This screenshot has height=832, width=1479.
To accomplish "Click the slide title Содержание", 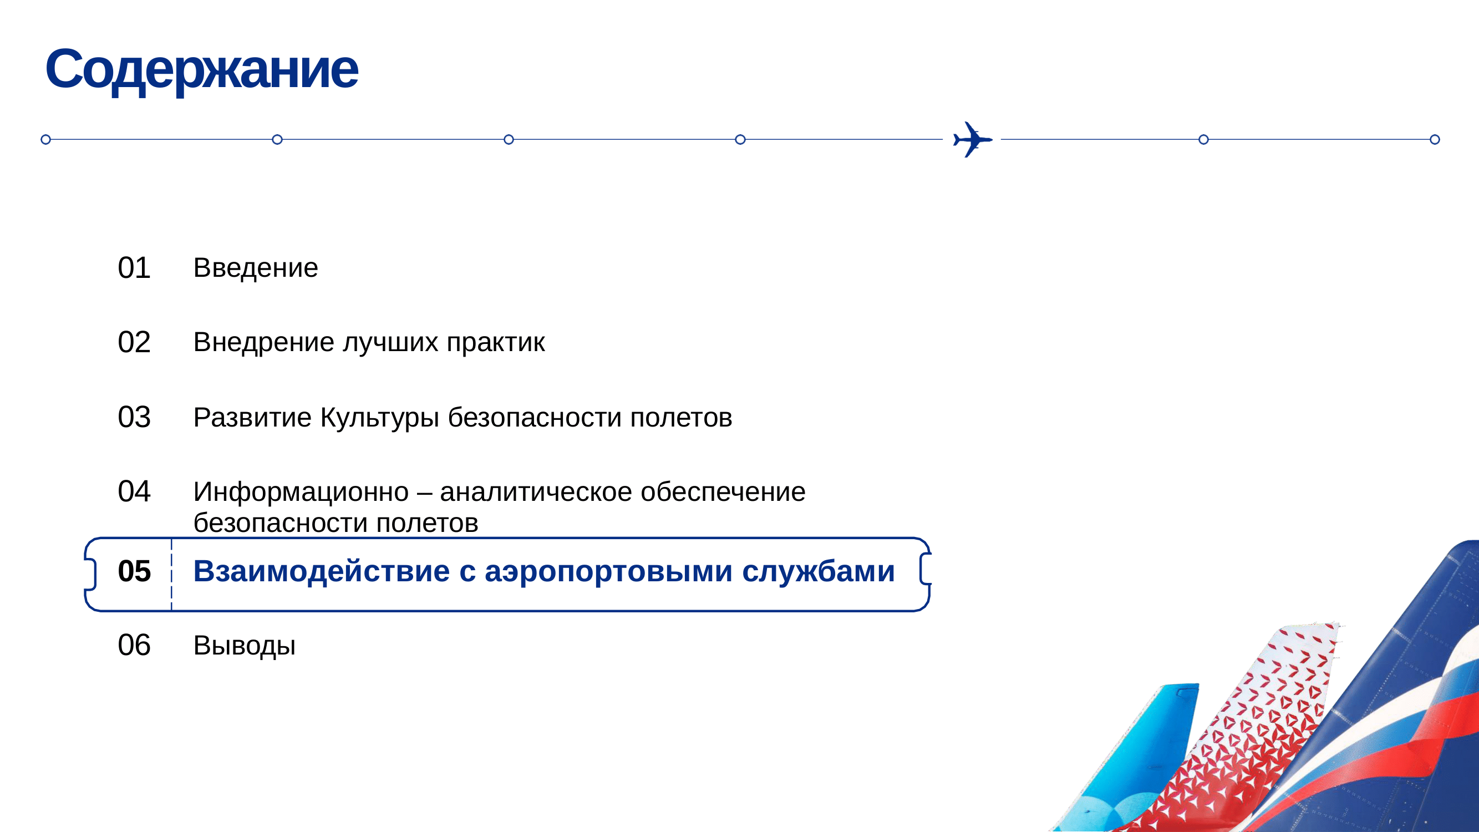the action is point(201,70).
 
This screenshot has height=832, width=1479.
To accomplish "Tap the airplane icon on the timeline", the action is point(972,140).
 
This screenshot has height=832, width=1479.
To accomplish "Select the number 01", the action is point(134,267).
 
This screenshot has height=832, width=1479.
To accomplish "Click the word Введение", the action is point(256,267).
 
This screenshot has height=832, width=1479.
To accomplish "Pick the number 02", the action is point(134,342).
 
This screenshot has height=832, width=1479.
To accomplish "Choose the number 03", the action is point(134,417).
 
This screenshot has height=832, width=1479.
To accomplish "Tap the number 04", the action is point(134,491).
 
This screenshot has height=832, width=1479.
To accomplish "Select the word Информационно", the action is point(301,493).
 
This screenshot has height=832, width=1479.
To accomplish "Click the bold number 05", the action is point(134,571).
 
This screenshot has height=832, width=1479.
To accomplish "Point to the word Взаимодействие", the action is point(322,572).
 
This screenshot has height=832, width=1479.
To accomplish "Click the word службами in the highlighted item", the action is point(818,572).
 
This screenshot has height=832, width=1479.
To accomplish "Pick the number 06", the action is point(134,646).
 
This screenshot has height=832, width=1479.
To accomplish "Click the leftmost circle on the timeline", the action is point(46,140).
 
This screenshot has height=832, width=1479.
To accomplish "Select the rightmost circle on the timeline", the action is point(1435,140).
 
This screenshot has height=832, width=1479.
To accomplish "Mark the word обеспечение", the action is point(723,493).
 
